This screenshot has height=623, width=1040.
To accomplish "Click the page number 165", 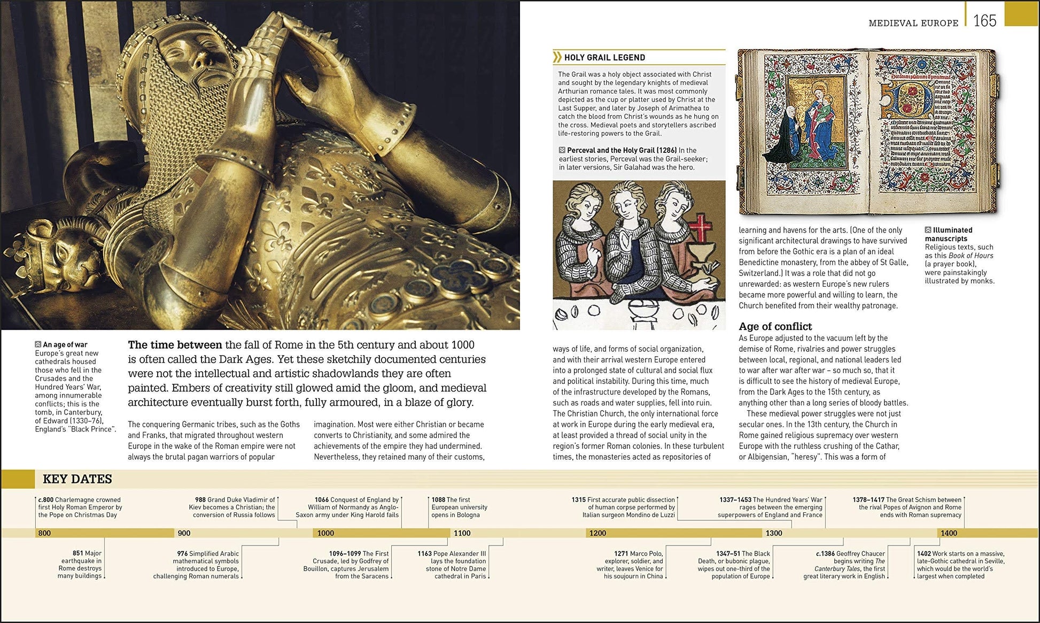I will coord(984,21).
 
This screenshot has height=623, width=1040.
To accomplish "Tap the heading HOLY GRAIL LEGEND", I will coord(604,58).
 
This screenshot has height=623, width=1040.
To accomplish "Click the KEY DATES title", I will coord(77,479).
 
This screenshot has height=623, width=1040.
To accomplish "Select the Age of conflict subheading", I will coord(775,326).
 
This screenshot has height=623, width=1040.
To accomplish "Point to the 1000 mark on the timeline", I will coord(325,533).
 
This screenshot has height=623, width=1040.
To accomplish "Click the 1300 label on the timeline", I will coord(773,533).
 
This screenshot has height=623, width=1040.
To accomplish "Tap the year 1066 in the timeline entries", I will coord(322,500).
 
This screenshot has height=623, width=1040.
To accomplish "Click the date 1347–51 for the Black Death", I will coord(728,554).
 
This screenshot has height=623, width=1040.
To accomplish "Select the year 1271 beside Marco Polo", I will coord(621,554).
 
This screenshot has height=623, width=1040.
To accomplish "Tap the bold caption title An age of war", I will coord(65,345).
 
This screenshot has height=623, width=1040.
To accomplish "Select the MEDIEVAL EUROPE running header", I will coord(913,23).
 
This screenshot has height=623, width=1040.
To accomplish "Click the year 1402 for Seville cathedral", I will coord(923,554).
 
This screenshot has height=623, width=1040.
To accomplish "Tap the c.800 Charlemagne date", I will coord(46,500).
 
